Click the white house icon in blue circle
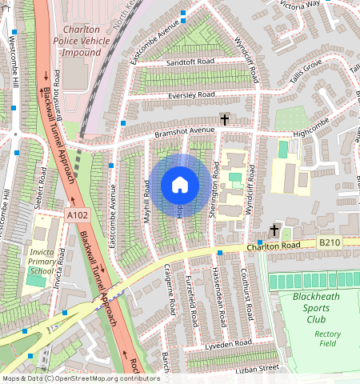click(180, 186)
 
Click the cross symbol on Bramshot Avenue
click(225, 120)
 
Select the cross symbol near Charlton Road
click(274, 230)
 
